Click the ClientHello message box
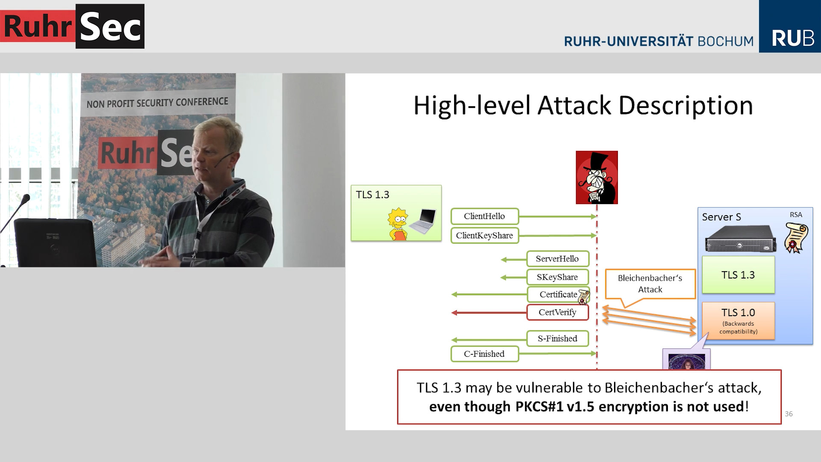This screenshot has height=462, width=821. (x=484, y=216)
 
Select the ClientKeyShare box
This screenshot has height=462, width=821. (x=484, y=236)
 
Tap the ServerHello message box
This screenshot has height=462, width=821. (x=557, y=259)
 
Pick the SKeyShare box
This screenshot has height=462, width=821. (x=557, y=277)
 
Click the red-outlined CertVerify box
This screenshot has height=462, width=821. (x=557, y=312)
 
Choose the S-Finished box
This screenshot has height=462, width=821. (x=557, y=339)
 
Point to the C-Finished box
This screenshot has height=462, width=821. (x=484, y=354)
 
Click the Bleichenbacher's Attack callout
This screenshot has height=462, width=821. (x=650, y=284)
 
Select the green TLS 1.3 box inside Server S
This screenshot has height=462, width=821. (x=738, y=275)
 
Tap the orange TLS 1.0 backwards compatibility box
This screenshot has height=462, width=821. (x=738, y=321)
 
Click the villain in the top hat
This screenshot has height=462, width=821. (x=597, y=178)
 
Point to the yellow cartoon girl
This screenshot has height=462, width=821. (x=398, y=224)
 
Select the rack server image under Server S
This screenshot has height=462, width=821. (x=741, y=239)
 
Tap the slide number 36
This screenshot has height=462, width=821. (x=789, y=414)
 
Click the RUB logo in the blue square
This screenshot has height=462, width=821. (x=792, y=38)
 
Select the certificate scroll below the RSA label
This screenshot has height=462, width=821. (x=796, y=238)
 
